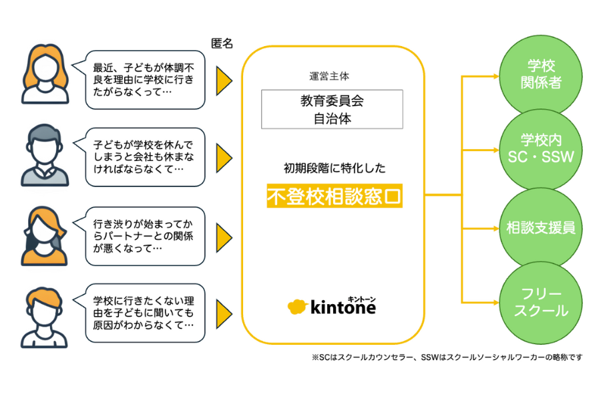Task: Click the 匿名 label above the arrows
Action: point(222,43)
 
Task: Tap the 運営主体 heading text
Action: point(329,76)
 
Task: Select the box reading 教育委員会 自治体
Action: point(332,110)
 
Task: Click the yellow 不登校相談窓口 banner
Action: point(335,196)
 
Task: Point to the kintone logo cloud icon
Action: point(297,306)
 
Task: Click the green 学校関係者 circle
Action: point(540,76)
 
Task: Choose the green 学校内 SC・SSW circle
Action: point(540,149)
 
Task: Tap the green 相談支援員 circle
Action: point(540,228)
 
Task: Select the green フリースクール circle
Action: point(540,302)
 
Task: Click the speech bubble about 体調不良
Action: point(142,80)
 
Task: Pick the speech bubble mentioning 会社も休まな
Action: point(142,157)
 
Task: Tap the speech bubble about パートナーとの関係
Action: point(142,236)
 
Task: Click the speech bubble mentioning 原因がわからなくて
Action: point(142,313)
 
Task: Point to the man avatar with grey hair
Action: point(45,155)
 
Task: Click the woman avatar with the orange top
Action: point(45,236)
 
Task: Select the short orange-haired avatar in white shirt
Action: point(44,317)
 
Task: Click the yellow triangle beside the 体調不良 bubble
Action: point(224,81)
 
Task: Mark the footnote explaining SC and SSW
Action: point(447,358)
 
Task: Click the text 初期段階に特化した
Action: point(335,168)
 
